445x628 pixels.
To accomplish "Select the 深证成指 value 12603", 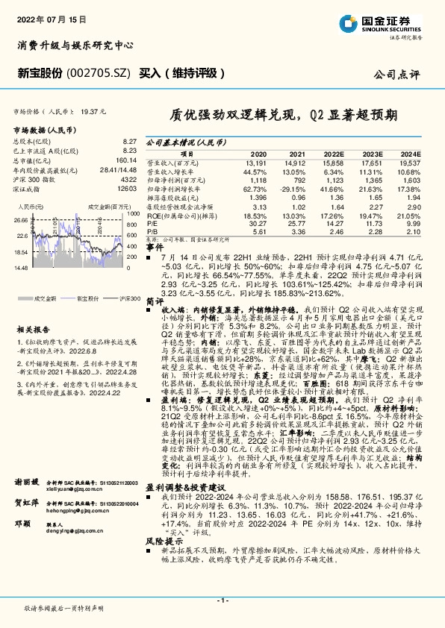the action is coord(128,190).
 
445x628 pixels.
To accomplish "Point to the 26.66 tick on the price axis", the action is coord(20,221).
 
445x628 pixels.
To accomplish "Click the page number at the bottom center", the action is coord(222,600).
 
